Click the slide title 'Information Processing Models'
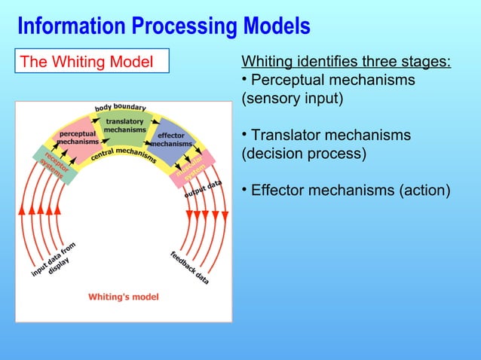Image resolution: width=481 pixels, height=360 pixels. [164, 26]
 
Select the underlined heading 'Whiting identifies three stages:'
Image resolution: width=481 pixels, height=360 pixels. [345, 61]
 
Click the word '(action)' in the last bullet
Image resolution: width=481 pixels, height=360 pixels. [425, 190]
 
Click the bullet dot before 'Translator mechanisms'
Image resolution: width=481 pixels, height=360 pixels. [244, 134]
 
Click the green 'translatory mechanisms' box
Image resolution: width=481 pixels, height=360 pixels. [124, 126]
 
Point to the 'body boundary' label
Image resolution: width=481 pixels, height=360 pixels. [120, 107]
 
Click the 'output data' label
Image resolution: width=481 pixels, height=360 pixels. [204, 185]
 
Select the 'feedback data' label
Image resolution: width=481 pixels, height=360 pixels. [189, 267]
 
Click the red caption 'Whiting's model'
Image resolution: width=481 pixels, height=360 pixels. [124, 297]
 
